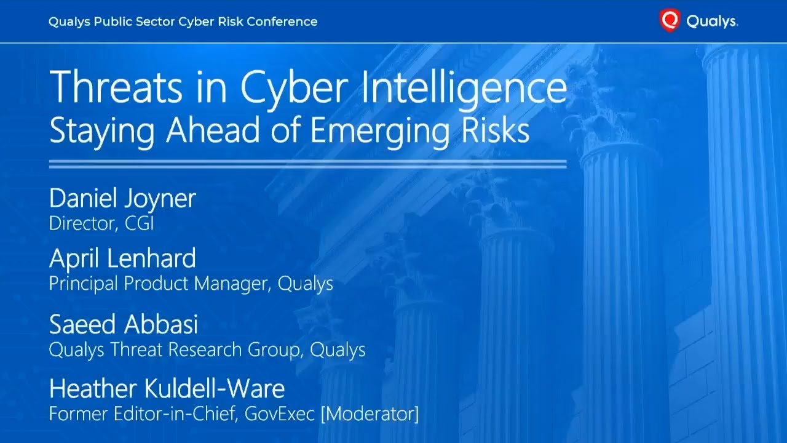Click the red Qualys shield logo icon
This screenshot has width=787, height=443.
pos(670,21)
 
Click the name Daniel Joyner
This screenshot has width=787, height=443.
pos(122,199)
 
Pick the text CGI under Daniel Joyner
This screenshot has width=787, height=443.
pos(139,223)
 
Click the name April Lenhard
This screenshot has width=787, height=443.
pos(122,258)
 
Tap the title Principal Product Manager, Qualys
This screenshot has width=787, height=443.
pos(191,284)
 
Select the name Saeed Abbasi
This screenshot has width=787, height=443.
pos(124,324)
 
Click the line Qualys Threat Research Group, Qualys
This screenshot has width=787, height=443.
pos(207,349)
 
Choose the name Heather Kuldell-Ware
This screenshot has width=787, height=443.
pos(167,389)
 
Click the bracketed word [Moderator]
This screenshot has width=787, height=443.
pos(370,414)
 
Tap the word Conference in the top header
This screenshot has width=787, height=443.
pos(283,22)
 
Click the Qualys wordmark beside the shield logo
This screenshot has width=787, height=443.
pos(711,22)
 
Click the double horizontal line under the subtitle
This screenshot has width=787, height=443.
pos(307,164)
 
